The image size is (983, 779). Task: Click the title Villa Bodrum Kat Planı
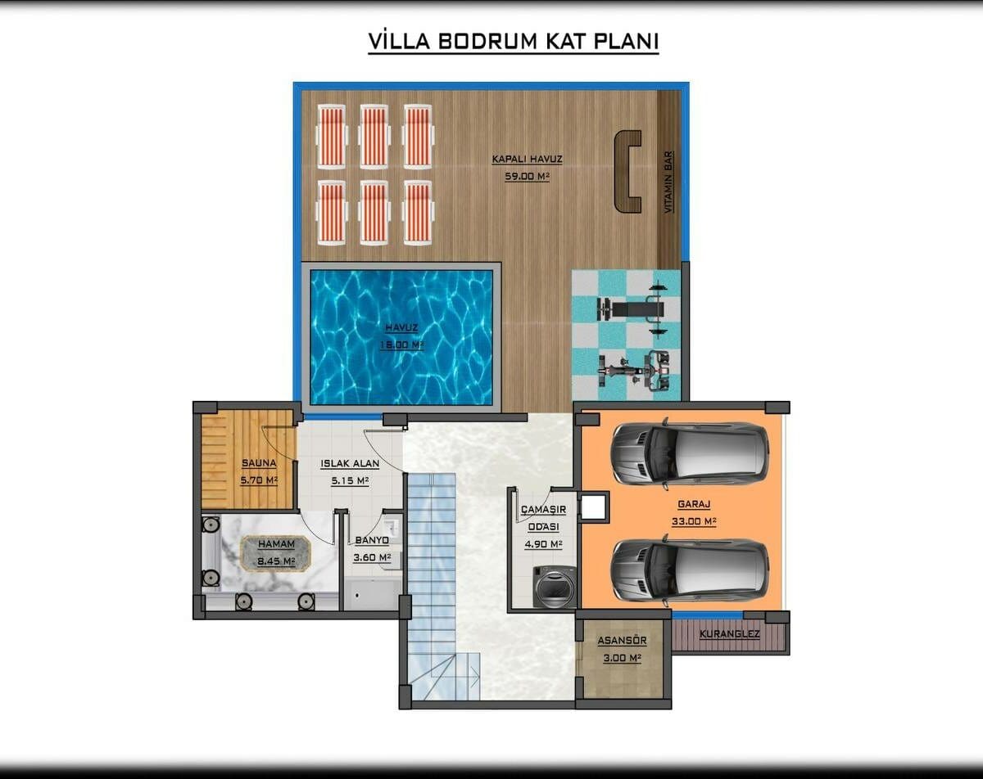tap(513, 42)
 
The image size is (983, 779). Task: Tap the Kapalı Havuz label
tap(527, 160)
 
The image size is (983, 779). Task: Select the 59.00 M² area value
tap(527, 176)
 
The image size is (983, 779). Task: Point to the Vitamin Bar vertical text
tap(668, 182)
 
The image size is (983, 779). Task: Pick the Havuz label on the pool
tap(401, 327)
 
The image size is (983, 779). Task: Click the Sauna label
tap(259, 463)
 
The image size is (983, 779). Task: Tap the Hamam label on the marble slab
tap(276, 544)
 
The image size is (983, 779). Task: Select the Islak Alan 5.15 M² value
tap(350, 480)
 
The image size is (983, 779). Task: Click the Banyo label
tap(372, 540)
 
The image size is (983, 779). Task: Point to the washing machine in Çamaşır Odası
tap(554, 587)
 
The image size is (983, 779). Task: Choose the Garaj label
tap(694, 504)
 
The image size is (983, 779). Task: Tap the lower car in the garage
tap(690, 572)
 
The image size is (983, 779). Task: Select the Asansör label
tap(622, 641)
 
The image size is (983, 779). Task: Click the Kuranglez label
tap(730, 634)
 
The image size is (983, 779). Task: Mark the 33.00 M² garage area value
tap(694, 521)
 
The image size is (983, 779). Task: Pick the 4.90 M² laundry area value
tap(543, 544)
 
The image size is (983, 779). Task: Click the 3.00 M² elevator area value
tap(622, 658)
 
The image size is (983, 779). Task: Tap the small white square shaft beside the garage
tap(593, 507)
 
